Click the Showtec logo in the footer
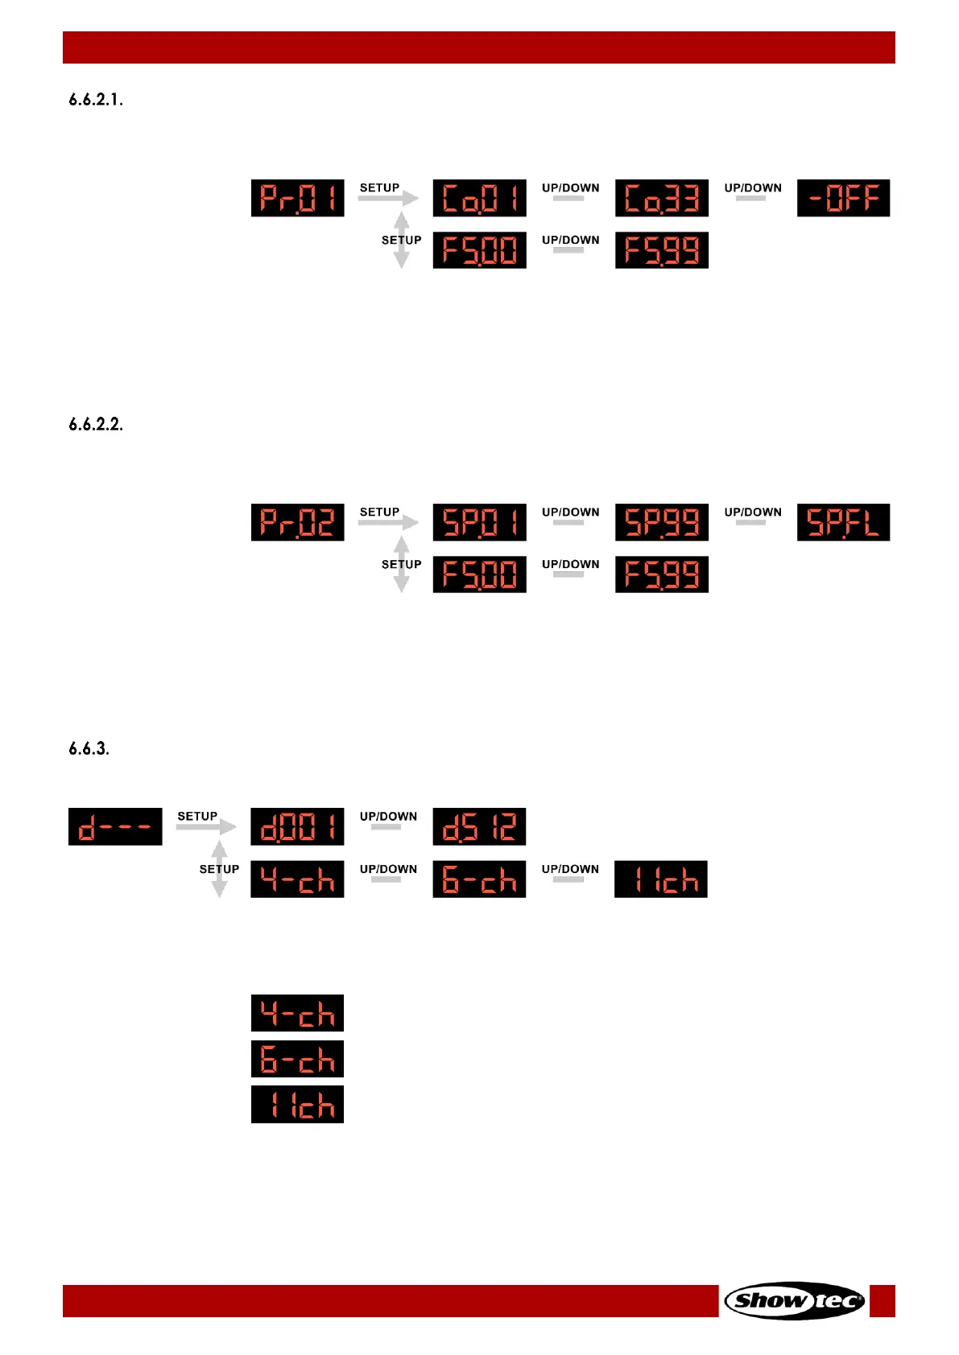[794, 1300]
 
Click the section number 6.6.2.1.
[96, 100]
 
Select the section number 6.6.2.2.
[96, 424]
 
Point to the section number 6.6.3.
[89, 748]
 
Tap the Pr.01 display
[297, 198]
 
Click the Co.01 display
[479, 198]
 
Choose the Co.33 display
[661, 198]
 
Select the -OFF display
[843, 198]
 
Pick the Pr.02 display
[297, 522]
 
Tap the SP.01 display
[479, 522]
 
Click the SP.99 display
[661, 522]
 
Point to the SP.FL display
[843, 522]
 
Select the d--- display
[115, 826]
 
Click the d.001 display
[297, 826]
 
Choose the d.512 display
[479, 826]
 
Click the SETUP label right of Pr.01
[379, 187]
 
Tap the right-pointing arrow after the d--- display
[206, 826]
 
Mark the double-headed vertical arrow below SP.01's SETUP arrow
[402, 565]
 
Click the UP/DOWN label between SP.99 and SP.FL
[753, 512]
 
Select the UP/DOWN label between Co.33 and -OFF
[753, 187]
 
